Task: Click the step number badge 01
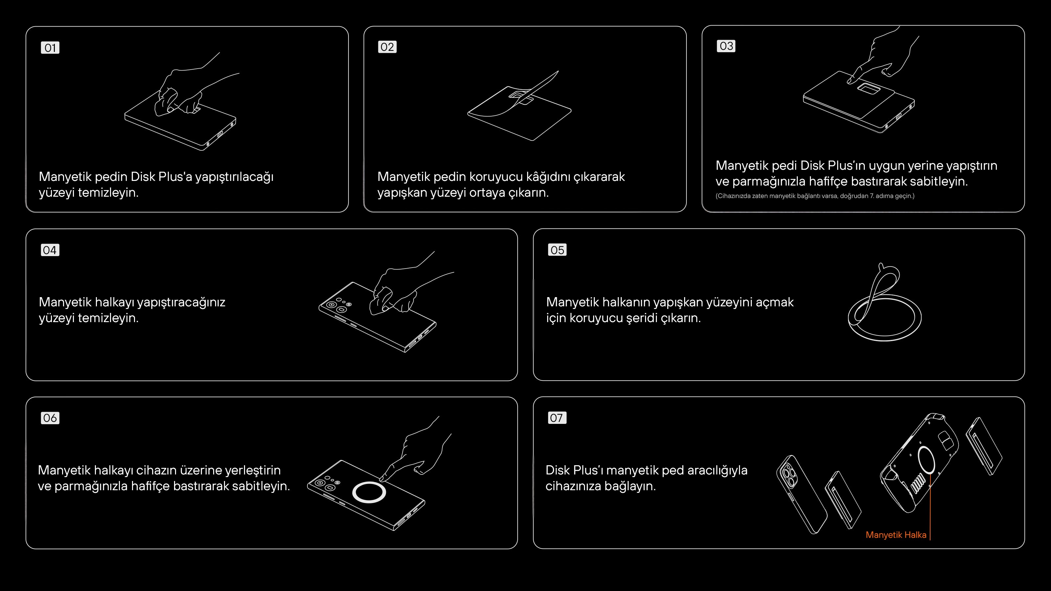[x=50, y=48]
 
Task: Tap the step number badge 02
[x=387, y=47]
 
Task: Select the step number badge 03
[x=726, y=46]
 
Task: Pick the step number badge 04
[x=50, y=250]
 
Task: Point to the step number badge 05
[x=557, y=250]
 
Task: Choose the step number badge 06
[x=50, y=418]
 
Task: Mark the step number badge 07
[x=557, y=418]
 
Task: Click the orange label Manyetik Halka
[x=896, y=535]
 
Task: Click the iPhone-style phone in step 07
[x=802, y=494]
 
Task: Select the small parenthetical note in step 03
[x=815, y=196]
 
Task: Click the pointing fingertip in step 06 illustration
[x=383, y=478]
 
